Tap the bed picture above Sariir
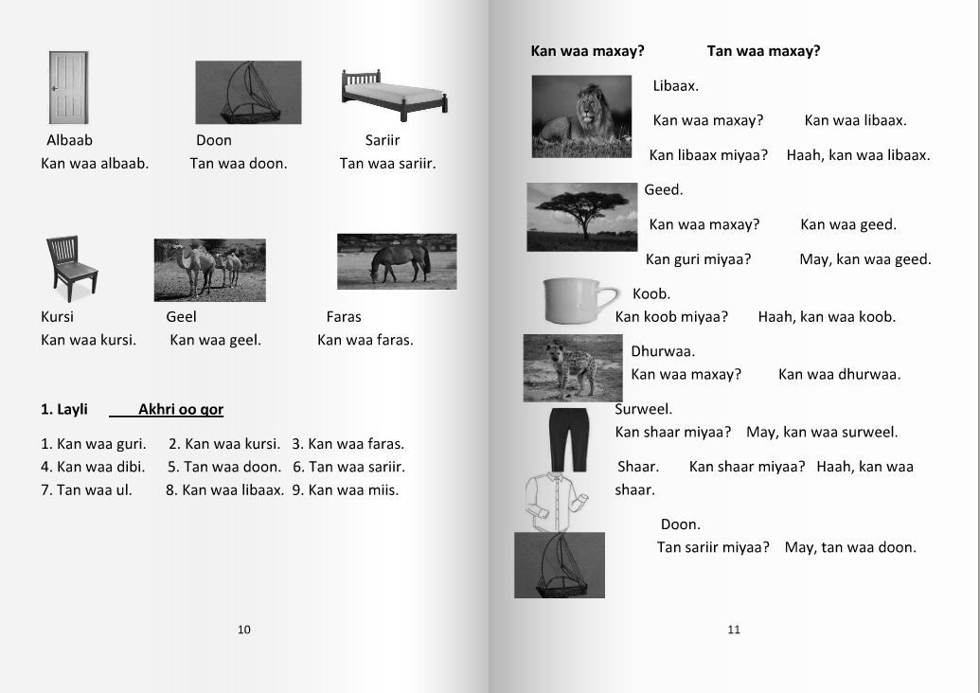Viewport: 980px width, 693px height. pyautogui.click(x=394, y=96)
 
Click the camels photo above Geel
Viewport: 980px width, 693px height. pyautogui.click(x=209, y=270)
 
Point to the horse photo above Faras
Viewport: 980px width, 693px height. pyautogui.click(x=397, y=261)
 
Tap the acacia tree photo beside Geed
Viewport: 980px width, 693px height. pyautogui.click(x=582, y=217)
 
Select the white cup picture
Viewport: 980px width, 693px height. pyautogui.click(x=579, y=301)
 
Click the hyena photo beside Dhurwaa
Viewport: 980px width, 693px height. pyautogui.click(x=572, y=367)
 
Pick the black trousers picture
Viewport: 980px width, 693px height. pyautogui.click(x=569, y=438)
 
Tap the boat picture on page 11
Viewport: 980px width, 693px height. pyautogui.click(x=559, y=565)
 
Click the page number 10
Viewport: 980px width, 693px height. pyautogui.click(x=244, y=630)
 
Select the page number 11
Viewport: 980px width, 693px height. pyautogui.click(x=734, y=630)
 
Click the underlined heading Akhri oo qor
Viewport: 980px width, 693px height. pyautogui.click(x=180, y=410)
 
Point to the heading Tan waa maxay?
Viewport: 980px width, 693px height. pyautogui.click(x=763, y=51)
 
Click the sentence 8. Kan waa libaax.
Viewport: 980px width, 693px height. pyautogui.click(x=224, y=490)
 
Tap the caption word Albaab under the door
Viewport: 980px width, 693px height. pyautogui.click(x=70, y=140)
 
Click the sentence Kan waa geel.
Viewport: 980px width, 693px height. pyautogui.click(x=215, y=340)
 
